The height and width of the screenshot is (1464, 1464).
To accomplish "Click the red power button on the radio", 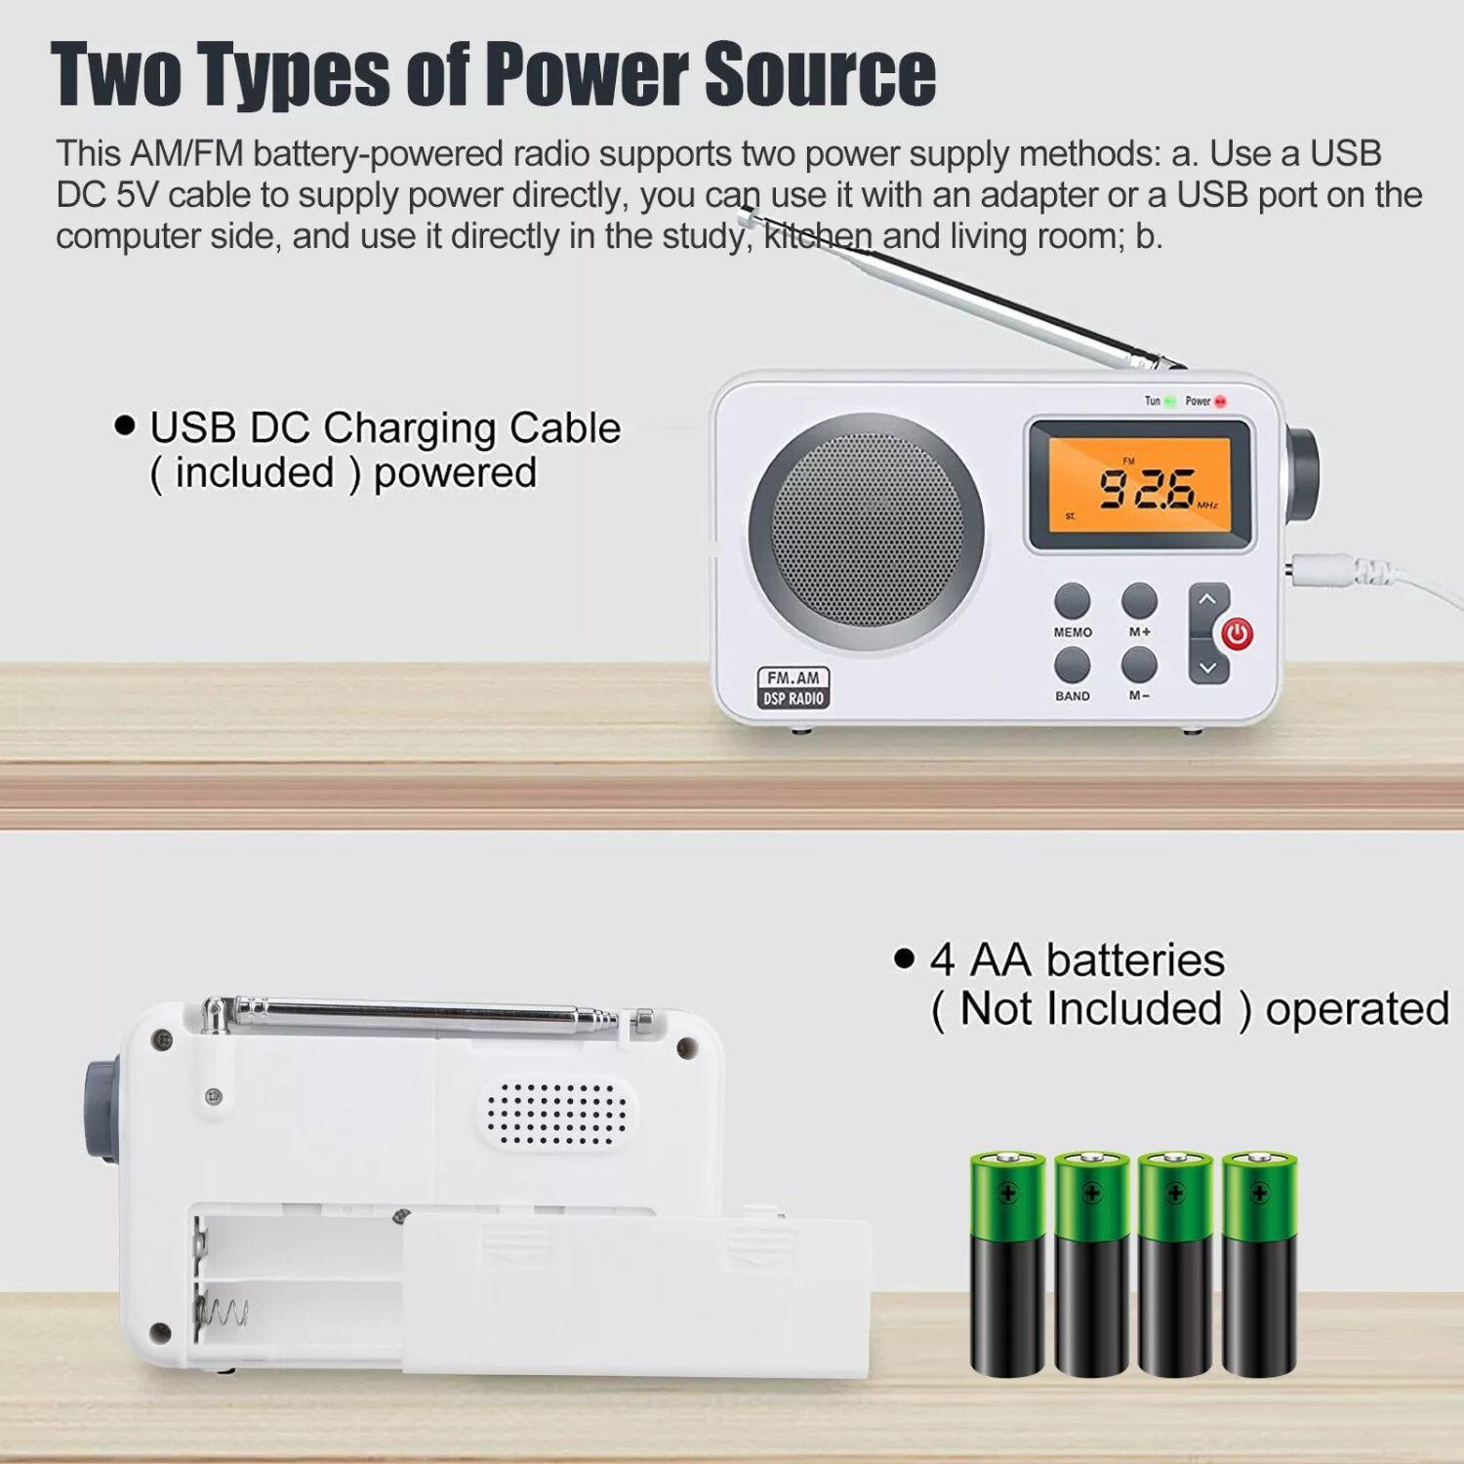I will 1238,634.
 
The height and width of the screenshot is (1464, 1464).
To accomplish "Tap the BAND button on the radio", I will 1072,666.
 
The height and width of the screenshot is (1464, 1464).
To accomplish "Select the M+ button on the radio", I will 1139,600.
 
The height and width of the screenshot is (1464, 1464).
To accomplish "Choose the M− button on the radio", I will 1139,666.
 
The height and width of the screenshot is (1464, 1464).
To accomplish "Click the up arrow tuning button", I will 1207,600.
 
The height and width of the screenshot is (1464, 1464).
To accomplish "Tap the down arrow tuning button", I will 1207,668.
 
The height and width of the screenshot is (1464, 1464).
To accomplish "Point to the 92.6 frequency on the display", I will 1147,488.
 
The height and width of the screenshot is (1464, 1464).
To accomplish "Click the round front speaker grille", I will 867,532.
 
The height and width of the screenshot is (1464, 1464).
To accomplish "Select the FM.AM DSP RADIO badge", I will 793,688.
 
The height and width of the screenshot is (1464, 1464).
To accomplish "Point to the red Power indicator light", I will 1220,401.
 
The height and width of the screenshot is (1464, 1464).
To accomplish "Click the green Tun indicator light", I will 1170,401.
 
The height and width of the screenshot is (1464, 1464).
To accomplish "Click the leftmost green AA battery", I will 1007,1264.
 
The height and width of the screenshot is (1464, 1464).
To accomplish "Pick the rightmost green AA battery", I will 1259,1264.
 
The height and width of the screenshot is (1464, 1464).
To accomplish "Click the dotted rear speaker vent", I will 554,1113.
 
